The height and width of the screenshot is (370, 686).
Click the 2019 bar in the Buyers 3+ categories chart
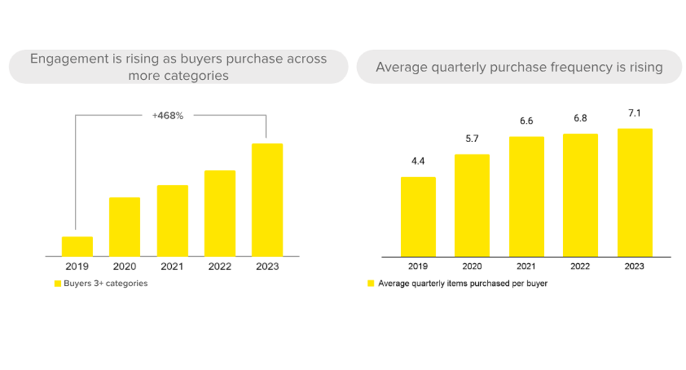77,247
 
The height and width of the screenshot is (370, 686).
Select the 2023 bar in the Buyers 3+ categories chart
267,200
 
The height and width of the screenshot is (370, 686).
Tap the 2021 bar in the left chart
173,221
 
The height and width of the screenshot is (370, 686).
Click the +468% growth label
168,116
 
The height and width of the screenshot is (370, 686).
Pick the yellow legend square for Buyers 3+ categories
58,284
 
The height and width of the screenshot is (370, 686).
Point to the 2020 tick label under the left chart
125,266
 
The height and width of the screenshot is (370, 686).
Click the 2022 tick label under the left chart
220,266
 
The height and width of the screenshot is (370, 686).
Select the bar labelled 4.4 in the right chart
418,217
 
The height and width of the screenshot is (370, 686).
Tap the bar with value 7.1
635,193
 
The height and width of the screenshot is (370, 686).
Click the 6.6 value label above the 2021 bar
526,121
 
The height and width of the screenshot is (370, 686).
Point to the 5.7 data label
472,139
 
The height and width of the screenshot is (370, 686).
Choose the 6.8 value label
580,118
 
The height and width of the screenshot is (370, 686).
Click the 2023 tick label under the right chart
634,266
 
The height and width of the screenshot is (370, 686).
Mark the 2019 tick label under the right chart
417,266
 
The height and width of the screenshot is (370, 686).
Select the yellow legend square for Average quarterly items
371,284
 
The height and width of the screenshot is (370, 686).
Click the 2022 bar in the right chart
580,195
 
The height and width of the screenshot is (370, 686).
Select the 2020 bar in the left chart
125,227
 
